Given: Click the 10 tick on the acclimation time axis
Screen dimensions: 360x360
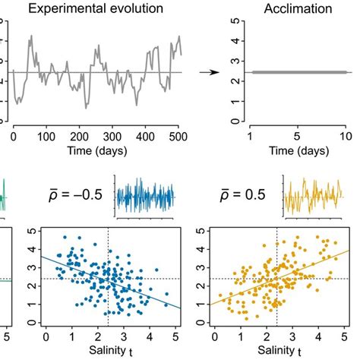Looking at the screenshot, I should tap(346, 137).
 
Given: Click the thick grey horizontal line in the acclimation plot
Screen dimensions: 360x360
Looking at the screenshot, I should tap(292, 73).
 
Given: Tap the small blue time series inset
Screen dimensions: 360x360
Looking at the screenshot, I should tap(146, 196).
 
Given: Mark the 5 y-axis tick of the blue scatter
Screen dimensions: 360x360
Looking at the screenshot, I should tap(30, 227).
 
